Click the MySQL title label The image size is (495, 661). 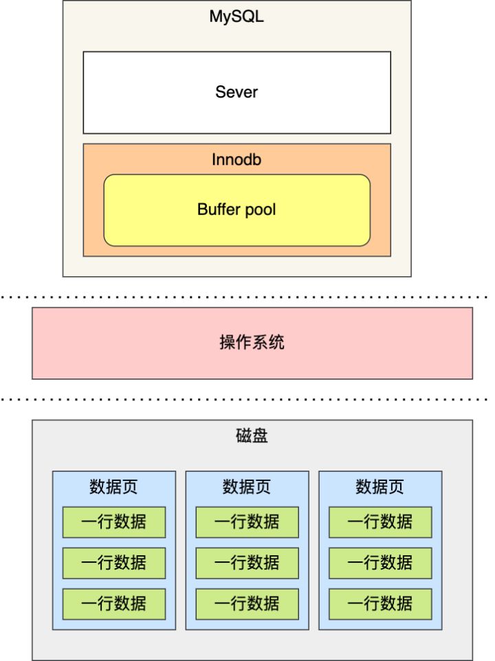point(236,17)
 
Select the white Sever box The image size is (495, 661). point(236,92)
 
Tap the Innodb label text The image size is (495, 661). point(236,160)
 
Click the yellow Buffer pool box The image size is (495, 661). point(236,210)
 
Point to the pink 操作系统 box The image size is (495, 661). point(252,343)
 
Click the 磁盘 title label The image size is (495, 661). point(252,437)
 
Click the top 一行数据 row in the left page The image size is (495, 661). point(114,522)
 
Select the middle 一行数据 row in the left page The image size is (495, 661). point(114,563)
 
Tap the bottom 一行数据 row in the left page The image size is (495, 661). point(114,603)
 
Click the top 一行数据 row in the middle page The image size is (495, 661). point(247,522)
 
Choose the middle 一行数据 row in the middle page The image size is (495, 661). point(247,563)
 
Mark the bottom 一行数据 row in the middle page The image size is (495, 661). point(247,603)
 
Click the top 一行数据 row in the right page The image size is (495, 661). point(380,522)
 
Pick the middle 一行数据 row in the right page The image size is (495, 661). point(380,563)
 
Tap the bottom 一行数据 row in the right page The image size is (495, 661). point(380,603)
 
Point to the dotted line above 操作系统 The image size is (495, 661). point(247,298)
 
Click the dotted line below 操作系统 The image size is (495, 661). point(247,399)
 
